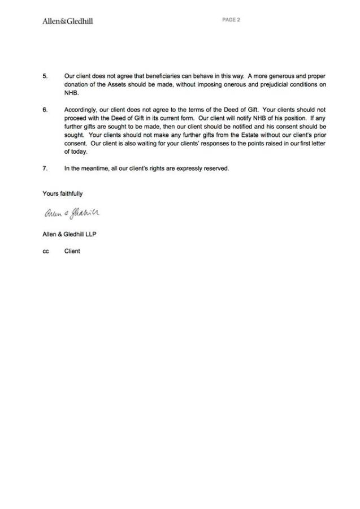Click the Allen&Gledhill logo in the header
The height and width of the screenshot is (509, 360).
click(68, 21)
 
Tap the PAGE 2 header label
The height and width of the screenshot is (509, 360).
click(231, 20)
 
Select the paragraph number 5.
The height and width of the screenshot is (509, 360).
click(45, 76)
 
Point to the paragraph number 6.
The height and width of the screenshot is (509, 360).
click(45, 109)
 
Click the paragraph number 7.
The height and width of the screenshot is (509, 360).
click(45, 169)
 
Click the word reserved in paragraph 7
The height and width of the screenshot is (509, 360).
click(216, 169)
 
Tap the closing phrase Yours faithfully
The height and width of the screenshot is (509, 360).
click(63, 193)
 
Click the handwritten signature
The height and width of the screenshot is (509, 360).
click(71, 213)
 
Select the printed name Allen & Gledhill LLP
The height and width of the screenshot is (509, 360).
click(70, 234)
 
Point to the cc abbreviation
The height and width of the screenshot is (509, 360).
click(46, 251)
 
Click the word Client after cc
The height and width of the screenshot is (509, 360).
click(72, 251)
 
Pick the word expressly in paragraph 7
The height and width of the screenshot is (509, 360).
click(187, 169)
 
